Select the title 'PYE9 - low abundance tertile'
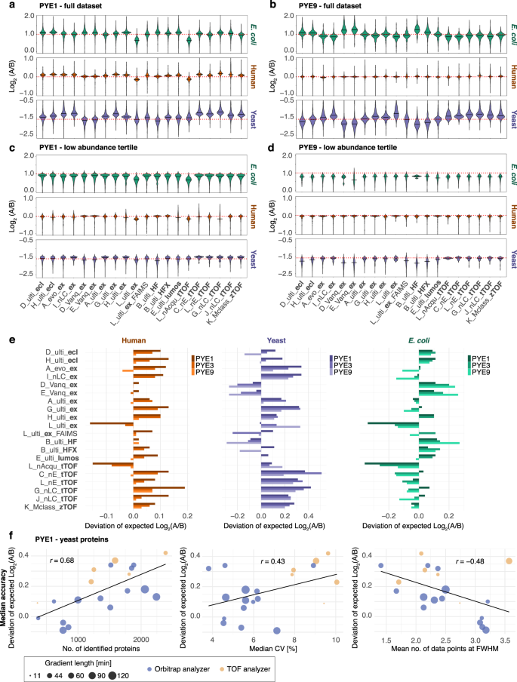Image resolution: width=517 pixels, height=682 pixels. tap(330, 136)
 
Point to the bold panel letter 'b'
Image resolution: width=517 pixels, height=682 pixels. tap(266, 6)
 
